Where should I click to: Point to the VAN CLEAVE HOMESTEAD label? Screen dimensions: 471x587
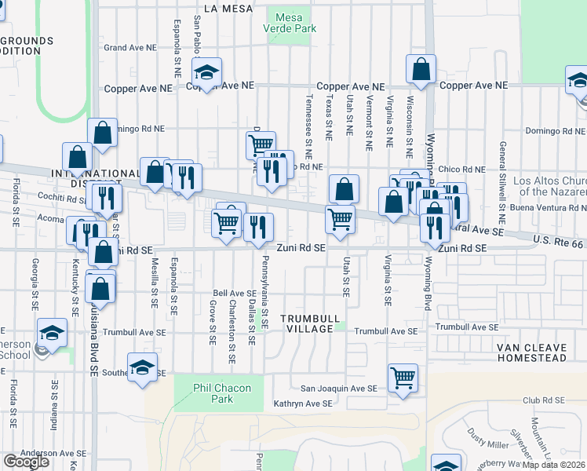tap(531, 352)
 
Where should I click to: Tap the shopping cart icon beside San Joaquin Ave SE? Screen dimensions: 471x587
tap(403, 378)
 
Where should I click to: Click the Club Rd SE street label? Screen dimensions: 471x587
tap(542, 400)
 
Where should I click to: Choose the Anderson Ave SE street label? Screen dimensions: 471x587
tap(53, 453)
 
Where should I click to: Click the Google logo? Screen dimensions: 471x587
tap(26, 462)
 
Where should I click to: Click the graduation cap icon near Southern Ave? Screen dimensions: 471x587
tap(142, 368)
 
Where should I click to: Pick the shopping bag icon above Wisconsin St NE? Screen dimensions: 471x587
tap(421, 69)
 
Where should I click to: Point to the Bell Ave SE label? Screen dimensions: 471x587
tap(235, 294)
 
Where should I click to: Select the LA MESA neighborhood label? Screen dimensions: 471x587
tap(228, 8)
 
